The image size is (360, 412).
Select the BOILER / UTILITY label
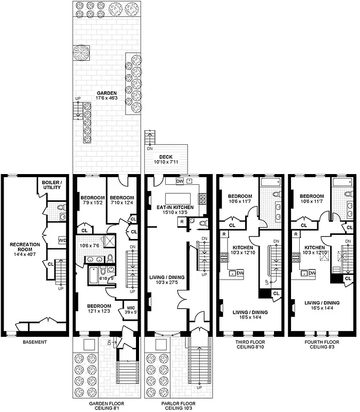point(52,185)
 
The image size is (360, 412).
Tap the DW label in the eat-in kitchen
point(179,181)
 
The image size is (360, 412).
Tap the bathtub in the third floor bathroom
point(269,182)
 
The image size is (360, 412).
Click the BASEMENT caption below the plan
point(35,341)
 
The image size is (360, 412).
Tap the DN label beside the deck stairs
point(150,148)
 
